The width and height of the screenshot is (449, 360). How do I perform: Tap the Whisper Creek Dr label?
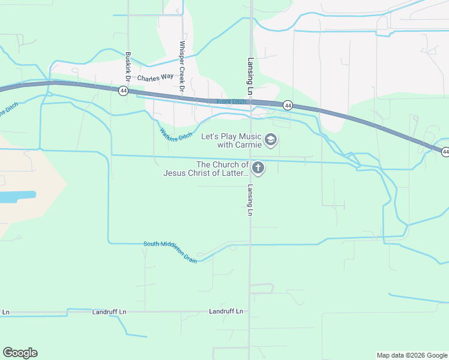pos(181,67)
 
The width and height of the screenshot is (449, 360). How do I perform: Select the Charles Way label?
pos(155,79)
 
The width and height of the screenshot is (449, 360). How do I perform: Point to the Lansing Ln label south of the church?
pos(249,200)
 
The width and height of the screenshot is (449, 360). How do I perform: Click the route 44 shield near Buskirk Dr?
pos(122,91)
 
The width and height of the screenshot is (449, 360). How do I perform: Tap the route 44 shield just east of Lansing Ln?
pos(288,105)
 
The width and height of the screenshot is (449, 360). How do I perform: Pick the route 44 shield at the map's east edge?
pos(445,152)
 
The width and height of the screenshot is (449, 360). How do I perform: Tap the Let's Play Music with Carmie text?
pos(231,140)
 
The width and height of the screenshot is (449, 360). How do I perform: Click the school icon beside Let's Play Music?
pos(271,140)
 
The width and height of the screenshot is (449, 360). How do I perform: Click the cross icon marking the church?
pos(258,168)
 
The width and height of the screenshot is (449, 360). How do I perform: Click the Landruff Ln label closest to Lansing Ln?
pos(226,311)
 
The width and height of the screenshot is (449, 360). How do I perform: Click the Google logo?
pos(20,353)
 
